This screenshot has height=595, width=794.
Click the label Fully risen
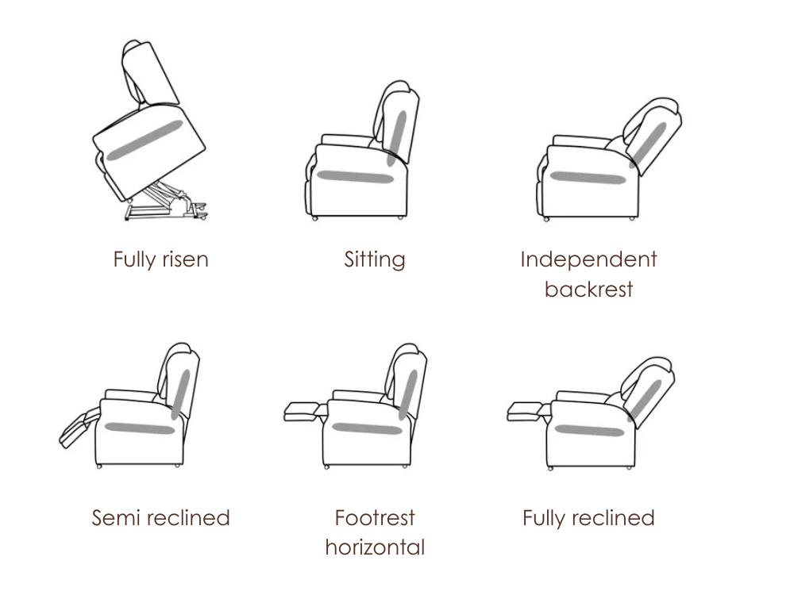click(x=160, y=260)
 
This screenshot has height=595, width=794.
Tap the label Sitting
click(x=375, y=260)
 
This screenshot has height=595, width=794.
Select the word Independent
click(x=588, y=259)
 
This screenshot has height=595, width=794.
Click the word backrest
click(x=588, y=290)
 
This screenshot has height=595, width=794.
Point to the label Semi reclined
click(x=160, y=517)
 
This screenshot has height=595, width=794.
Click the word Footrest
click(x=375, y=517)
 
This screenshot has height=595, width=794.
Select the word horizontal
click(x=375, y=547)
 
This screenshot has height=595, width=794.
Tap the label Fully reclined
click(x=588, y=519)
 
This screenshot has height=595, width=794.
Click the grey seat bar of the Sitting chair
click(x=356, y=177)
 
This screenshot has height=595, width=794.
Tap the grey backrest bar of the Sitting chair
click(x=396, y=138)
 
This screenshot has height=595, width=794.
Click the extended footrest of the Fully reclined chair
click(x=528, y=411)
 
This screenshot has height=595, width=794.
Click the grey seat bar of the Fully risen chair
click(x=144, y=140)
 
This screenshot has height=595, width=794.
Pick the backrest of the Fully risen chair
click(x=149, y=73)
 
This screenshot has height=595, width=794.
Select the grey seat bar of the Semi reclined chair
click(x=140, y=428)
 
